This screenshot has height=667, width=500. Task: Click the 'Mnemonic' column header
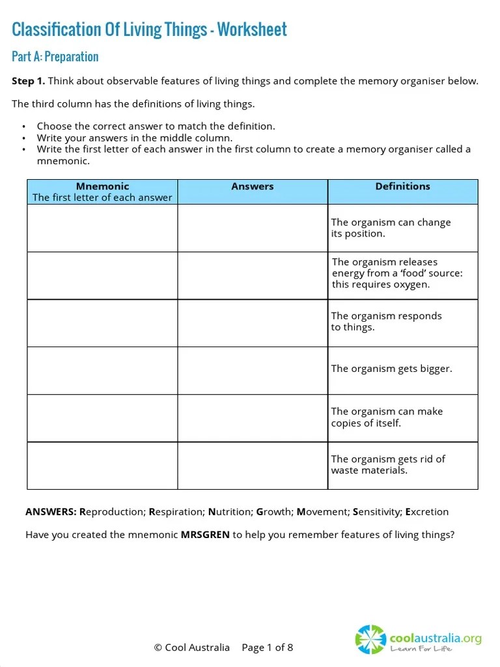tap(102, 186)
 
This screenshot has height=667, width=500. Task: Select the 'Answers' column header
tap(253, 186)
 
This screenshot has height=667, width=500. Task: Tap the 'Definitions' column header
tap(402, 186)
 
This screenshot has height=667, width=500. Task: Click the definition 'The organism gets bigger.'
tap(391, 369)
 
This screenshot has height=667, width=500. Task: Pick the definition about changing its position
tap(391, 228)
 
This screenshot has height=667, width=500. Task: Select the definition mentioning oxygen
tap(397, 274)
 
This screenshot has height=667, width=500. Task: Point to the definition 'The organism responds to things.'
tap(386, 321)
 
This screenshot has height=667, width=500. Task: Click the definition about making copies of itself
tap(387, 417)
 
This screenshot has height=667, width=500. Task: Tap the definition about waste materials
tap(388, 464)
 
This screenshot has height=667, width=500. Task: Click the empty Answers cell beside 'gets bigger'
tap(253, 370)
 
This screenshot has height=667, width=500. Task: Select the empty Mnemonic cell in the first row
tap(102, 228)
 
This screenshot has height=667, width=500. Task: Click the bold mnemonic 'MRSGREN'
tap(205, 535)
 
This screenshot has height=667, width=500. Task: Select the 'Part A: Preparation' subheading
tap(55, 57)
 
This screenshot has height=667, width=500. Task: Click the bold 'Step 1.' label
tap(29, 81)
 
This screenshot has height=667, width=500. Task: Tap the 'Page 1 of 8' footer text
tap(268, 647)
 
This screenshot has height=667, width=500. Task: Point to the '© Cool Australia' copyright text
tap(191, 647)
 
